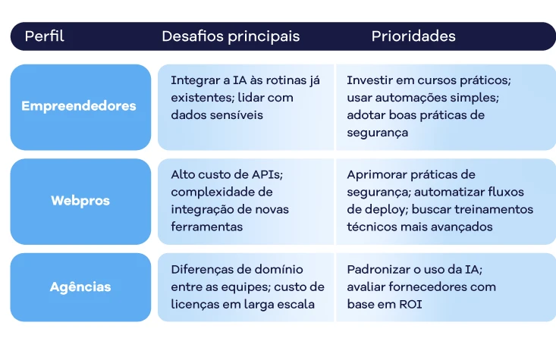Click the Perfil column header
[44, 36]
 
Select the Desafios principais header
[230, 36]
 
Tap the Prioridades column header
[413, 36]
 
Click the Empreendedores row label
[79, 106]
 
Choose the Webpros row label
[80, 201]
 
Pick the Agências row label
[80, 287]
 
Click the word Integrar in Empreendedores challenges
[193, 80]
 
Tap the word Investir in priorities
[369, 80]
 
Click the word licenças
[196, 305]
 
